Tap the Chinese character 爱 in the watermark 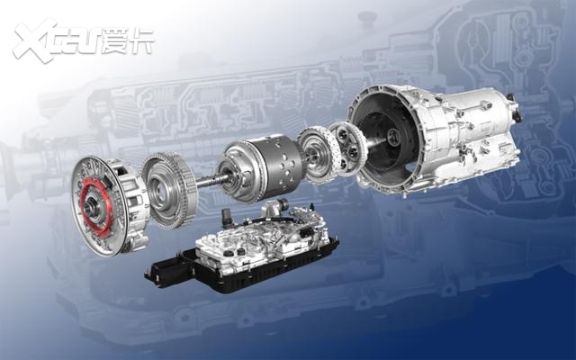pos(114,40)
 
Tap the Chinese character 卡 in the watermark pos(142,40)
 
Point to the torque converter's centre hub pos(90,208)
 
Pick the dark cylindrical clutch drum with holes pos(262,168)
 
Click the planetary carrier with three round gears pos(347,148)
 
